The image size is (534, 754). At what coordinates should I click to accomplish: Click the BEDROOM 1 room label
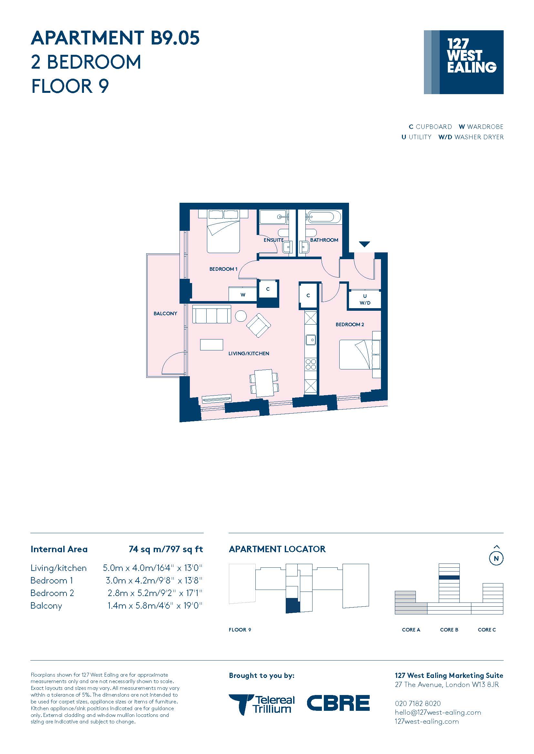pos(223,269)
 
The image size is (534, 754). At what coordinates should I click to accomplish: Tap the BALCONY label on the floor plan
pos(165,313)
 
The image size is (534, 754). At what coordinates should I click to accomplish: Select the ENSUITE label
pos(273,240)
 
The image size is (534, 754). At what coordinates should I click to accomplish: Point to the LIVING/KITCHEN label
pos(249,353)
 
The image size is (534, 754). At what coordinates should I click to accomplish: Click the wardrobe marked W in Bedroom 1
pos(243,294)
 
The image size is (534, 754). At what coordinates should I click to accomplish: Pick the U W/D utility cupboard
pos(365,299)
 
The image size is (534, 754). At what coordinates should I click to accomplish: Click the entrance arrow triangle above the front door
pos(364,244)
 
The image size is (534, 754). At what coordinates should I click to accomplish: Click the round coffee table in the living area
pos(241,316)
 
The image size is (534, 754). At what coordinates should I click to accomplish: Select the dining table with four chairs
pos(264,383)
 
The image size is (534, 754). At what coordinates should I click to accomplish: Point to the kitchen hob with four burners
pos(311,365)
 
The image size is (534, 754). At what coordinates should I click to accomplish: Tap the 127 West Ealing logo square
pos(464,62)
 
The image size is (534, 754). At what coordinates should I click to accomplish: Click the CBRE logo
pos(338,703)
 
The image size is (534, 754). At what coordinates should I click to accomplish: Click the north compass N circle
pos(496,558)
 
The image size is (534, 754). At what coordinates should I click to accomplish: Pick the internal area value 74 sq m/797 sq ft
pos(166,549)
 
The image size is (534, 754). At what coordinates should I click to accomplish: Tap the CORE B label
pos(449,630)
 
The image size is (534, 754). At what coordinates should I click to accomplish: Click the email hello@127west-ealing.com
pos(438,712)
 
